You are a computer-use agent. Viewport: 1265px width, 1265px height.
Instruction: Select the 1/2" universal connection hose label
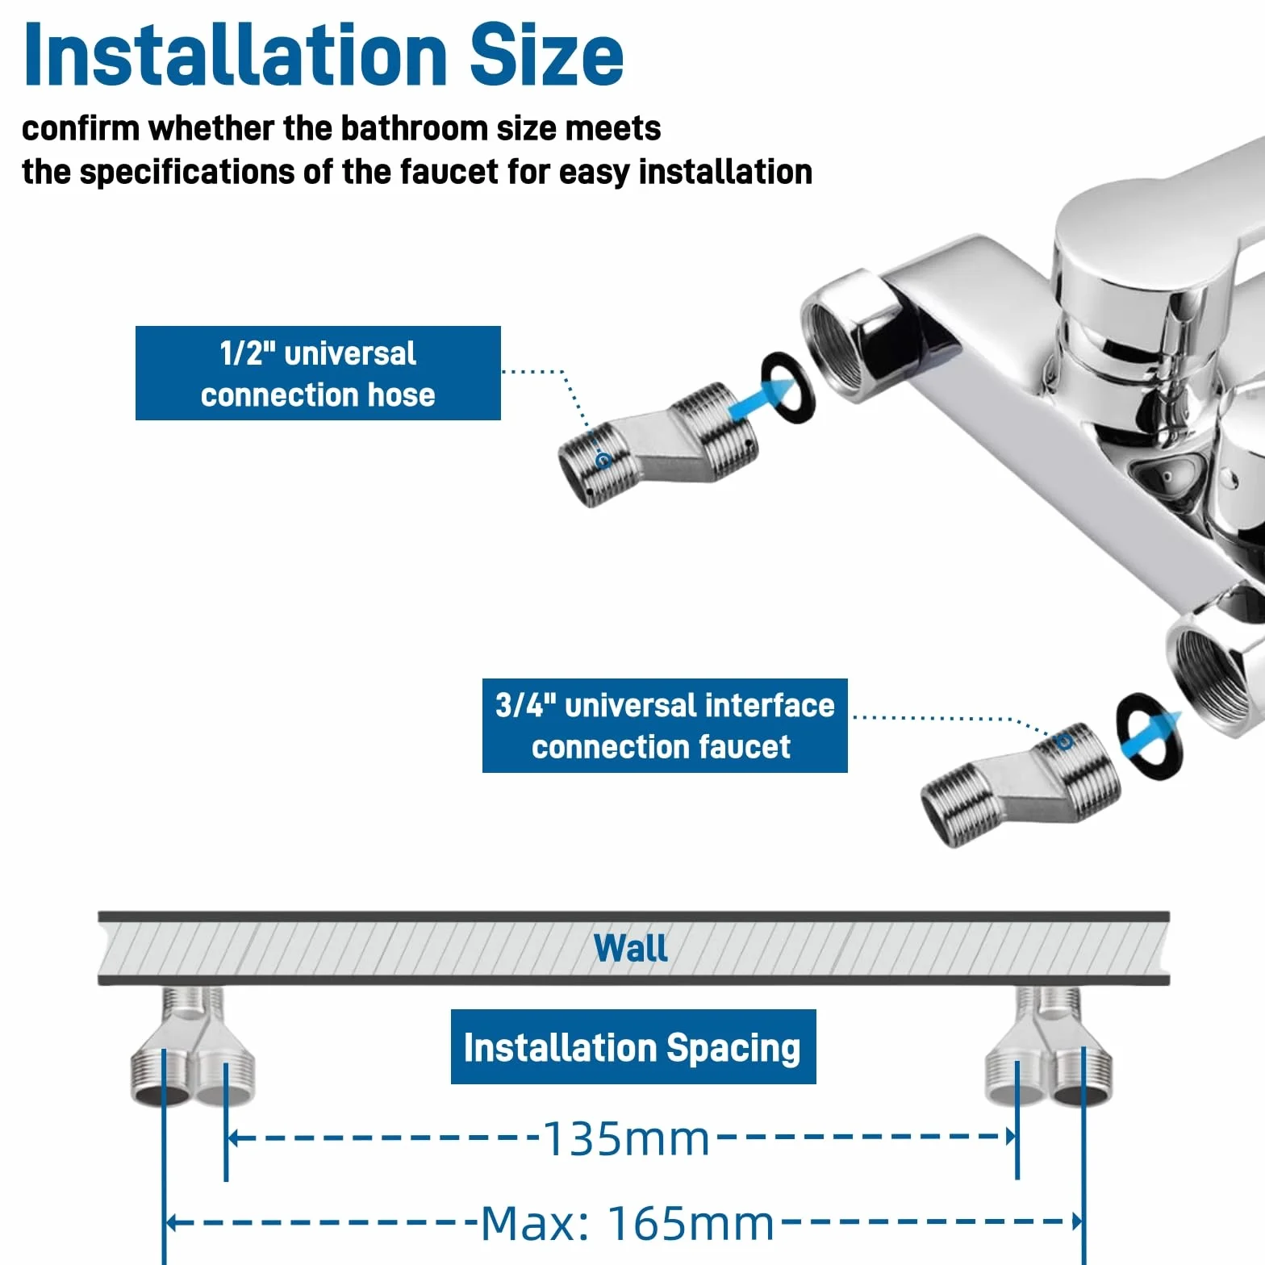point(318,374)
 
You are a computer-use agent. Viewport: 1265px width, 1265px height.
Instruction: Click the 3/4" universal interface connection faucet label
point(665,726)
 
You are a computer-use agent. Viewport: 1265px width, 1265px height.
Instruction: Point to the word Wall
point(631,948)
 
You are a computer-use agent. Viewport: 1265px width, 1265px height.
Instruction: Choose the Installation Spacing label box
point(633,1047)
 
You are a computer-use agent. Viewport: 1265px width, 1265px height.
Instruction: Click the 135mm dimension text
point(627,1139)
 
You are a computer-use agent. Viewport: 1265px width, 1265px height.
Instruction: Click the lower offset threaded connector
point(1021,784)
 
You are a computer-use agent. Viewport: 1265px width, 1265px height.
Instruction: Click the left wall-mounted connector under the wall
point(193,1046)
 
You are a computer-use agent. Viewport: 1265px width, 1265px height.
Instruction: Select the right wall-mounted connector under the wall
point(1049,1046)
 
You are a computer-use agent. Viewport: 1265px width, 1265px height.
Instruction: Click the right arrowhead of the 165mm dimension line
point(1077,1221)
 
